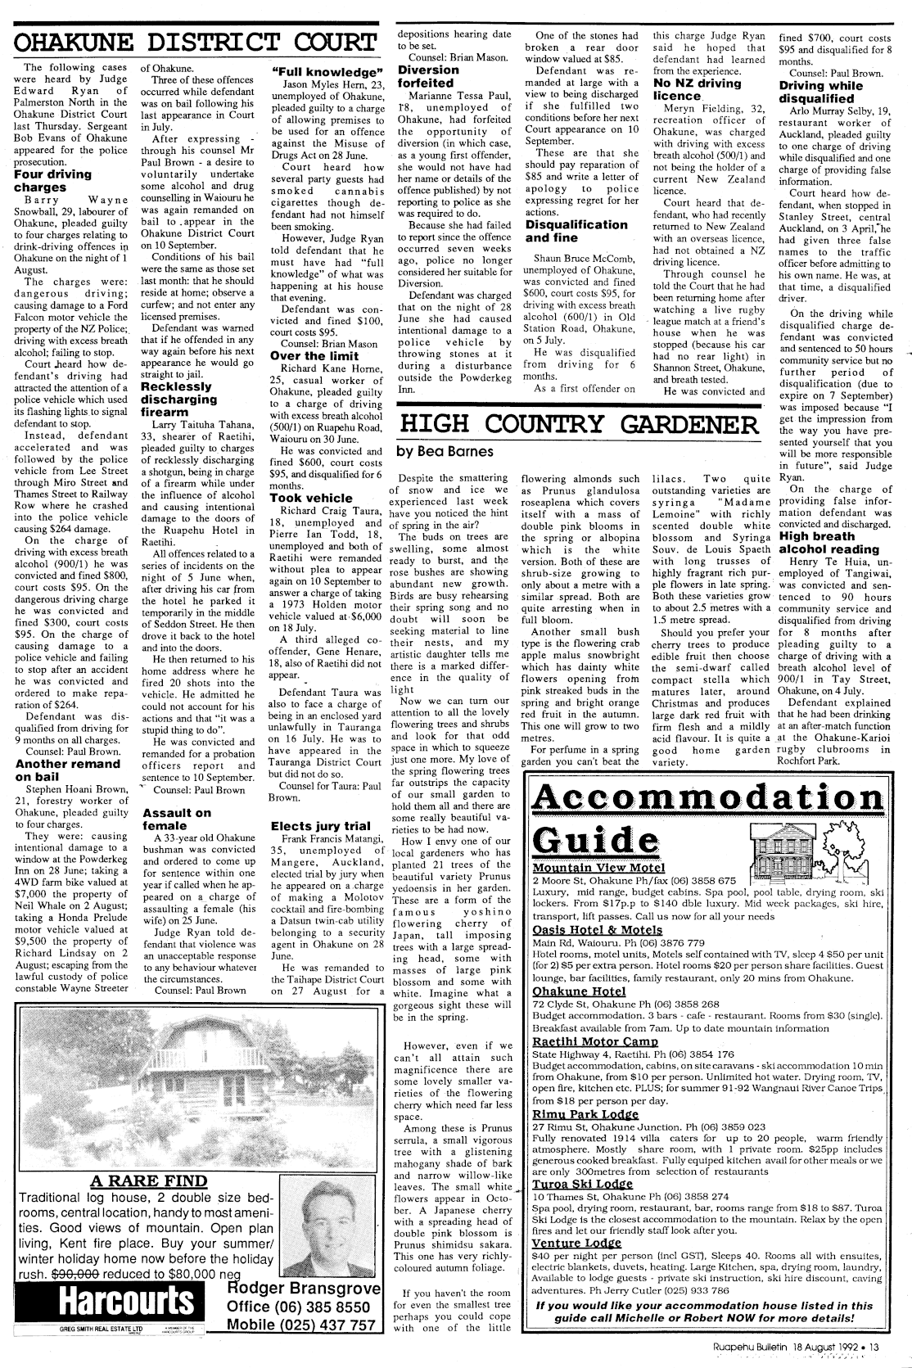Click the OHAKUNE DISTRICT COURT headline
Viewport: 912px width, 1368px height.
click(195, 43)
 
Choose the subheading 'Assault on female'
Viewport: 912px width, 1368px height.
click(176, 819)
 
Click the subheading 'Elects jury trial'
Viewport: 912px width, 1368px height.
click(319, 826)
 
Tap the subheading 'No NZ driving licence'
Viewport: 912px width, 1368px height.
click(698, 90)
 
